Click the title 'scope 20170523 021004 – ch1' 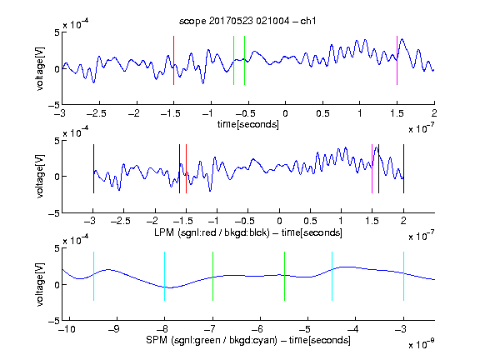[247, 21]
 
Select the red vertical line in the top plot [173, 60]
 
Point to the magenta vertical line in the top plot [397, 60]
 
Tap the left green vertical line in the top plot [233, 60]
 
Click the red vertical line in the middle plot [186, 168]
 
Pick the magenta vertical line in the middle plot [372, 168]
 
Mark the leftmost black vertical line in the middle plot [93, 168]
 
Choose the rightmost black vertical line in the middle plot [403, 168]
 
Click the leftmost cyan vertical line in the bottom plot [93, 276]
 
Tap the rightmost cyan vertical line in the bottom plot [403, 276]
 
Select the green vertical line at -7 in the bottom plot [212, 276]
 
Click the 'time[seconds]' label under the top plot [248, 125]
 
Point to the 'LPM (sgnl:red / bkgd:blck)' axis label [212, 232]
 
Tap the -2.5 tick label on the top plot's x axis [96, 113]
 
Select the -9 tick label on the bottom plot [114, 329]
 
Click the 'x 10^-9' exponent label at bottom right [422, 344]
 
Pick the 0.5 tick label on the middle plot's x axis [310, 221]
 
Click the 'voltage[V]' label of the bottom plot [40, 284]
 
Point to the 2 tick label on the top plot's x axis [434, 113]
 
